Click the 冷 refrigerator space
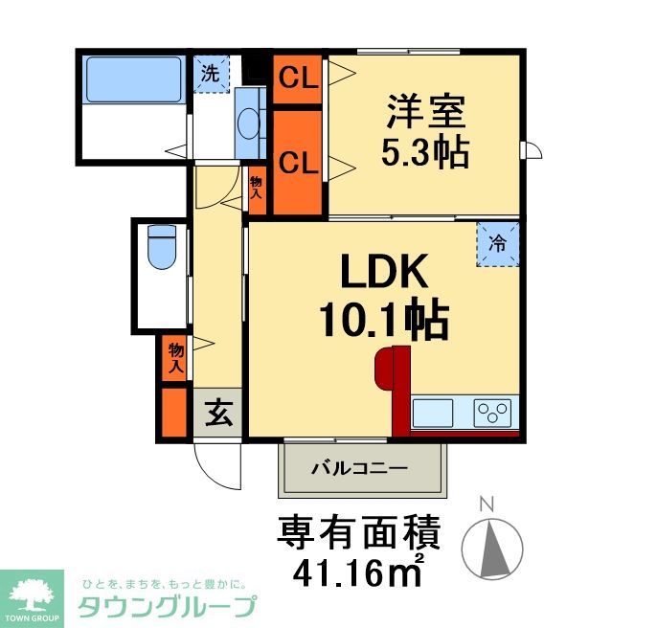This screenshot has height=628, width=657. coord(498,244)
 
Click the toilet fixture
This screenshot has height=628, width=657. coord(161,247)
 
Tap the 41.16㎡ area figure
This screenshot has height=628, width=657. coord(359,572)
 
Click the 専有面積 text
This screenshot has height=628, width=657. coord(359,531)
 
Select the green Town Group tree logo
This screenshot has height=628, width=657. coord(33,596)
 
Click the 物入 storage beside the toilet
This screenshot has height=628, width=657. coord(175,357)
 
